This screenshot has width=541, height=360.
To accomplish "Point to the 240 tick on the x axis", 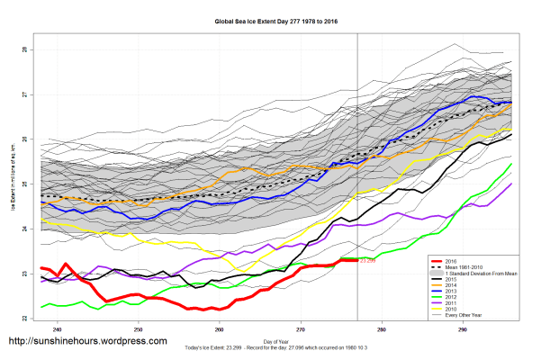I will (58, 329).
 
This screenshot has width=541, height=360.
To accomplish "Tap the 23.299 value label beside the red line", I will (367, 261).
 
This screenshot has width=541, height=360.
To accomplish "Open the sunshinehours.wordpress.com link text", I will (87, 342).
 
